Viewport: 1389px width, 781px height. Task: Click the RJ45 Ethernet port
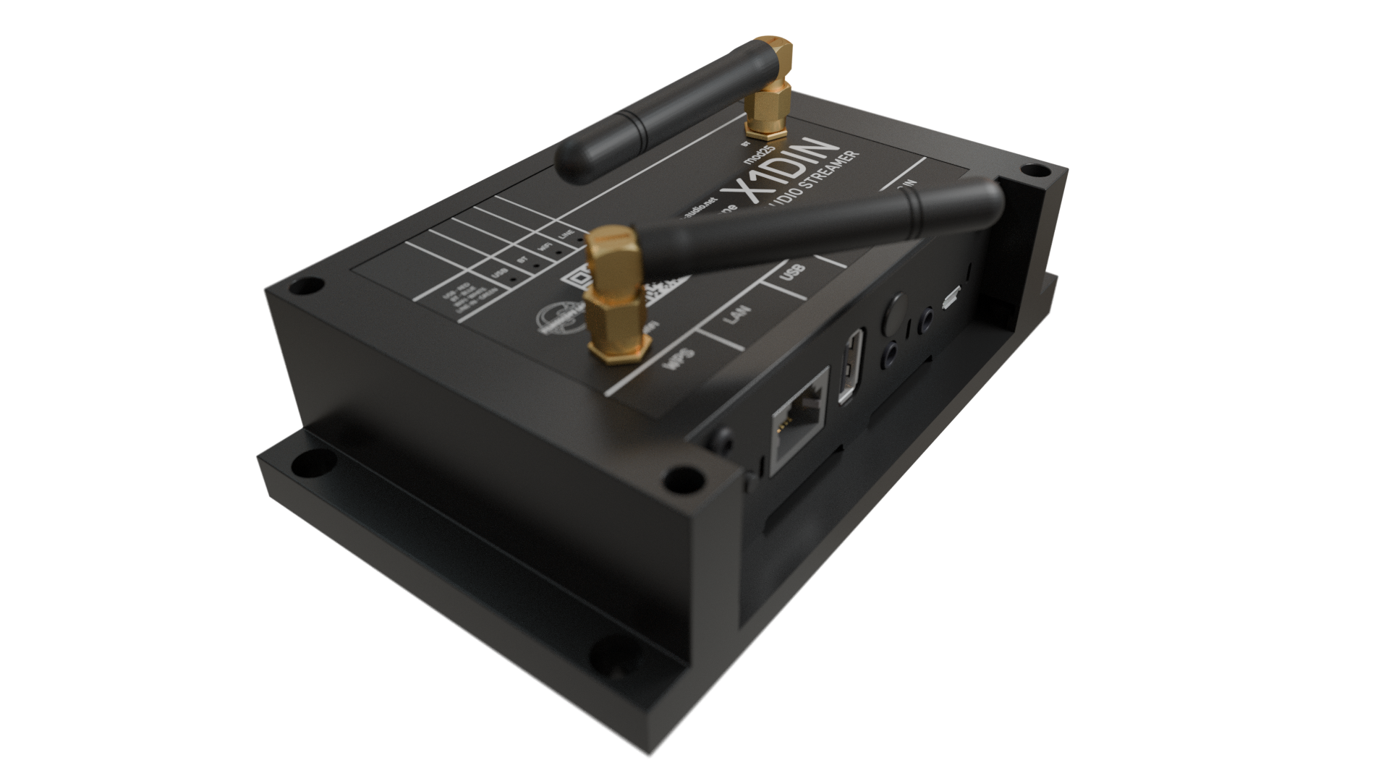[x=800, y=421]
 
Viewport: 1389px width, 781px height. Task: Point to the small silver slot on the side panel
[x=951, y=296]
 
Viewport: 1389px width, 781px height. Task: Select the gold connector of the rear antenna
[x=769, y=87]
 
